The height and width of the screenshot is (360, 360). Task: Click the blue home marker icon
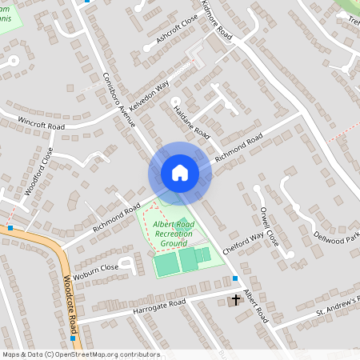click(179, 173)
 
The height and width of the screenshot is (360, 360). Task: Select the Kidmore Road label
click(216, 22)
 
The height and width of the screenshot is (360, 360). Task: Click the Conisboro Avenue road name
click(120, 101)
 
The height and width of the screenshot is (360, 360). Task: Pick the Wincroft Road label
click(42, 123)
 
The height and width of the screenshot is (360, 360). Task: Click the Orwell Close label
click(270, 226)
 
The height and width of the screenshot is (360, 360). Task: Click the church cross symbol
click(234, 301)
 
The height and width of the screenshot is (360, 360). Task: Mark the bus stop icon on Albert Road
click(235, 278)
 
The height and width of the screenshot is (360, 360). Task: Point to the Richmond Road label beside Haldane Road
click(238, 146)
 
